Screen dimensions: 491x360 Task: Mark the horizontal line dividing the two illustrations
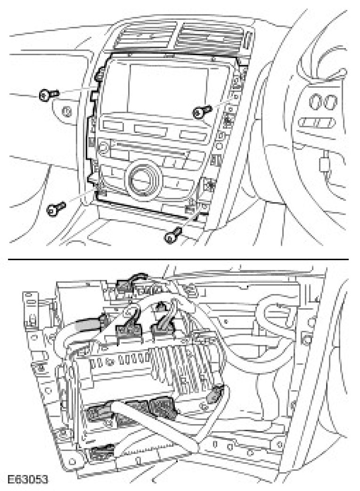pyautogui.click(x=179, y=259)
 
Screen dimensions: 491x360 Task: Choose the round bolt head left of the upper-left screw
pyautogui.click(x=67, y=112)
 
